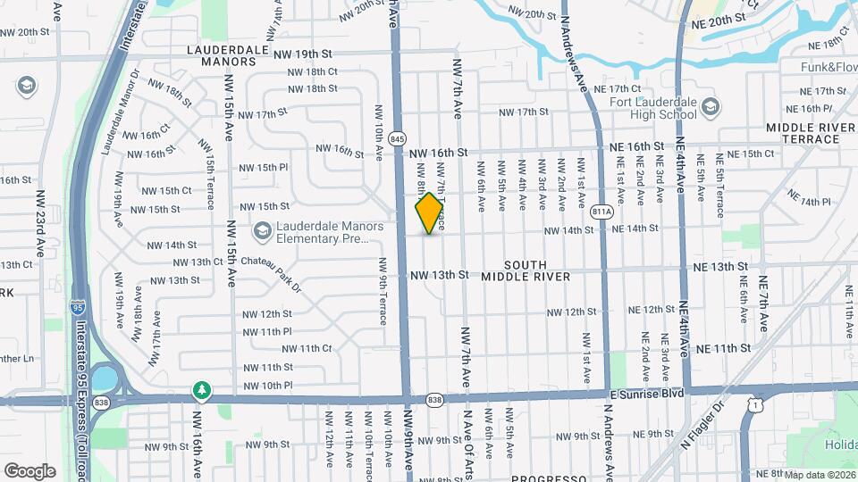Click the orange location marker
(x=430, y=213)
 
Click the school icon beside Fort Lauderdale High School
(x=711, y=108)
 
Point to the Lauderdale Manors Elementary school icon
(x=262, y=232)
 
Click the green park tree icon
(x=203, y=390)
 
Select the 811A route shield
(x=601, y=212)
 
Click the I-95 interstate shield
(x=79, y=307)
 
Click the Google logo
(x=29, y=471)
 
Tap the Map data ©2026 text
(x=820, y=475)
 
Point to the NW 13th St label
(x=439, y=275)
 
